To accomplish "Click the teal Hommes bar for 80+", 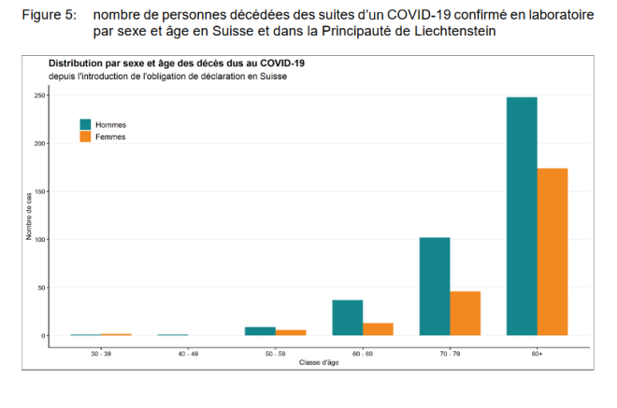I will tap(522, 216).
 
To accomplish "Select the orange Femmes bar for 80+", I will tap(552, 251).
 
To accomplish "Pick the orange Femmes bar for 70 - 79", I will tap(466, 313).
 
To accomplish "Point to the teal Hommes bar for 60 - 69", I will tap(348, 317).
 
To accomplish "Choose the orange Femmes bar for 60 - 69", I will tap(378, 329).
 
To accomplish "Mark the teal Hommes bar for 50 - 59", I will tap(261, 331).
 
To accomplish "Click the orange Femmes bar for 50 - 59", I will tap(291, 332).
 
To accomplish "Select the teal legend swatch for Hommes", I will tap(86, 124).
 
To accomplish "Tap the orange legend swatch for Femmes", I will tap(86, 136).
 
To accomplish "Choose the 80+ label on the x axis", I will tap(537, 354).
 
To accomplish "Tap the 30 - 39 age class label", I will tap(101, 354).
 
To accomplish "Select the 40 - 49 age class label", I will tap(188, 354).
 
